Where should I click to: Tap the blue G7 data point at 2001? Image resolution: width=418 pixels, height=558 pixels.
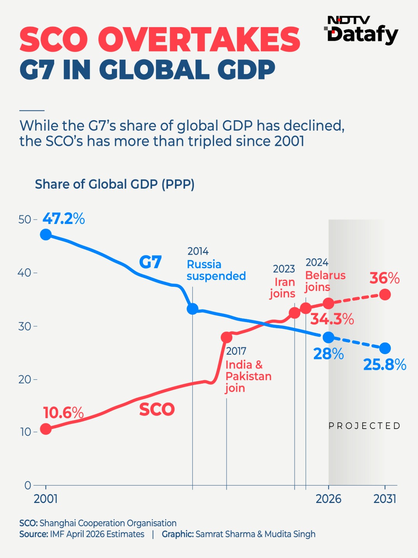46,234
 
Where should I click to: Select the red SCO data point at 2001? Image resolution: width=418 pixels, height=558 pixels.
46,429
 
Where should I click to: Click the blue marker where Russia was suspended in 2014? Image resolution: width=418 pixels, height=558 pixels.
192,309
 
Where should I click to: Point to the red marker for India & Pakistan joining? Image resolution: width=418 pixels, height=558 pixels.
227,338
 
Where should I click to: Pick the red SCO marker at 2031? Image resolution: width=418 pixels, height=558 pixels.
385,294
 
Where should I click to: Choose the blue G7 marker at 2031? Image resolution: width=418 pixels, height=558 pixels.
385,348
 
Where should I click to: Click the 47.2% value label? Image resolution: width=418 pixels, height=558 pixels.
63,219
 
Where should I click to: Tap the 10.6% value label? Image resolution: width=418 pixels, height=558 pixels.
63,412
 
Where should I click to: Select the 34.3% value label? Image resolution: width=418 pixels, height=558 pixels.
332,319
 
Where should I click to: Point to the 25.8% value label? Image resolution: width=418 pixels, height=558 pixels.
385,365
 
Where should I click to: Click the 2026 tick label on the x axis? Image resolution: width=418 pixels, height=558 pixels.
329,499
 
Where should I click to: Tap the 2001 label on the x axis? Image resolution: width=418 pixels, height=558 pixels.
46,499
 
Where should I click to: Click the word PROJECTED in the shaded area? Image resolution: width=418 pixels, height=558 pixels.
364,425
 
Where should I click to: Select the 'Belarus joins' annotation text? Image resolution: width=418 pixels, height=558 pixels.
325,281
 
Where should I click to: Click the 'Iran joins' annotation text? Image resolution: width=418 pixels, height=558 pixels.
283,288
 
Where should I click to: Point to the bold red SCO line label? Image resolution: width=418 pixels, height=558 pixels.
157,409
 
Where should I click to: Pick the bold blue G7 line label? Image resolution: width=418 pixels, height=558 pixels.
150,262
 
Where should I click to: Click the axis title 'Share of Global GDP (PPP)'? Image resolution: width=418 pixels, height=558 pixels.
115,184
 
